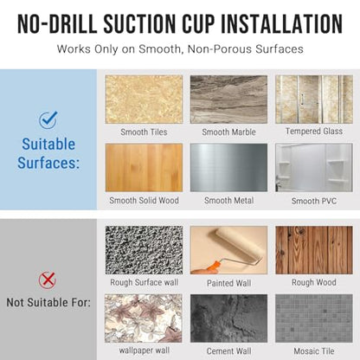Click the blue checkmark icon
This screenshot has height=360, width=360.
click(x=48, y=119)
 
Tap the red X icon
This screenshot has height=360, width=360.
click(x=48, y=280)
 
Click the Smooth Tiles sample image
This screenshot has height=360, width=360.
click(x=144, y=100)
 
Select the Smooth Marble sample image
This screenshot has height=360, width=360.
click(x=228, y=100)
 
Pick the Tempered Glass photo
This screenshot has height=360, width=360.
click(x=314, y=100)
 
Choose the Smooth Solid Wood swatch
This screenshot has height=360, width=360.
click(x=144, y=168)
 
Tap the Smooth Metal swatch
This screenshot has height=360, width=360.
click(x=228, y=168)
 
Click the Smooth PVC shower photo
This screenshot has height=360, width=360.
click(x=314, y=168)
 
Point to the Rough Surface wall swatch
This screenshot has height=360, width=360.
click(x=144, y=250)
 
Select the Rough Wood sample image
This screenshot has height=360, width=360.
click(x=314, y=250)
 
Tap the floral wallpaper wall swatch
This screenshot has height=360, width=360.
click(x=144, y=318)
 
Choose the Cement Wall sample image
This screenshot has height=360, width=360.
click(x=228, y=318)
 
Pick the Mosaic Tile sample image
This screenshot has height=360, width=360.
click(x=314, y=318)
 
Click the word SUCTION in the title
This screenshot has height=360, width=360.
click(x=139, y=23)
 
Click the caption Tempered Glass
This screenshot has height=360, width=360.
click(x=314, y=132)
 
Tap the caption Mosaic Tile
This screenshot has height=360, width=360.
click(x=314, y=351)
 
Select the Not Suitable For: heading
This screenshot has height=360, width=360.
click(x=48, y=302)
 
